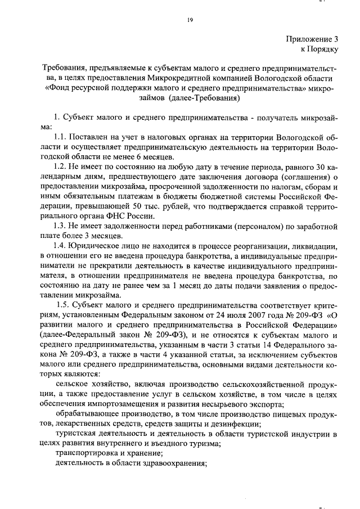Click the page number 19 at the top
[x=190, y=21]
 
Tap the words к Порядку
[x=319, y=50]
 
